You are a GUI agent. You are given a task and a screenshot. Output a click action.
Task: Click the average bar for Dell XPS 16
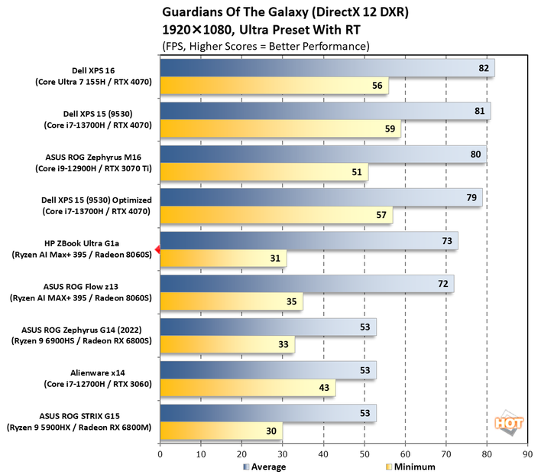tap(327, 68)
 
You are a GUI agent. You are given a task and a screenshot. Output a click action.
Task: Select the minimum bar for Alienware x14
tap(248, 389)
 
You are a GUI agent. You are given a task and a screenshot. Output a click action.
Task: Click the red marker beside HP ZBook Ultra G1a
tap(157, 249)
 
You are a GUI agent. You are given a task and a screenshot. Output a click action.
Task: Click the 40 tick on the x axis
tap(323, 454)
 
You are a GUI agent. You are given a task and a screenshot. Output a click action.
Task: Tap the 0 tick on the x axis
tap(160, 454)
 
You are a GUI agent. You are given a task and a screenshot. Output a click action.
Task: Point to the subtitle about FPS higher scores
tap(265, 46)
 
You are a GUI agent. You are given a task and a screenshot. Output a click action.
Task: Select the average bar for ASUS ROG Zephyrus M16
tap(323, 155)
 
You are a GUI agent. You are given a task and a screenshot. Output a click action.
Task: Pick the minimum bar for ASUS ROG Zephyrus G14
tap(227, 345)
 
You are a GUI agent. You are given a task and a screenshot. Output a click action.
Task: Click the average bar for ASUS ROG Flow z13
tap(306, 284)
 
